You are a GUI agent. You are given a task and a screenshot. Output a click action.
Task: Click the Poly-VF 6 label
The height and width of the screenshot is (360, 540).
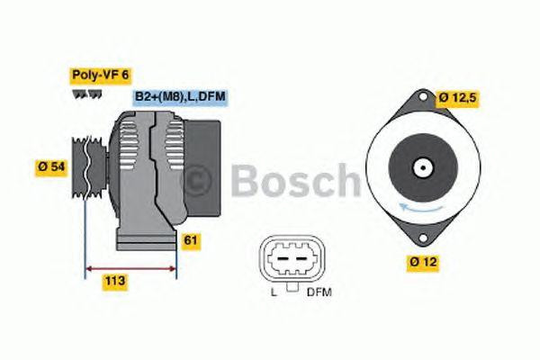pos(101,76)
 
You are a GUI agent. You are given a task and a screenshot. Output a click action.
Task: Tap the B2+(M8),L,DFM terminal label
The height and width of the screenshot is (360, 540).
pos(180,97)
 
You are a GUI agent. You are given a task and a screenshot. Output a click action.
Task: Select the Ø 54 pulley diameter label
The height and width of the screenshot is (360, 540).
pos(51,167)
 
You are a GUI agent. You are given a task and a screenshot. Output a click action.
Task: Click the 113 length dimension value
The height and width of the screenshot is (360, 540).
pos(115,281)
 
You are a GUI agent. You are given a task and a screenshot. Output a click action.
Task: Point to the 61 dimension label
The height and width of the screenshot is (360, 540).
pos(191,240)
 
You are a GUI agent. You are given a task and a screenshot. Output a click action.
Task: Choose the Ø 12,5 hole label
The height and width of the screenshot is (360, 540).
pos(457,98)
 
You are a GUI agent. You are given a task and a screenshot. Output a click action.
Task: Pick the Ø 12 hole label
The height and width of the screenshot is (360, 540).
pos(423,262)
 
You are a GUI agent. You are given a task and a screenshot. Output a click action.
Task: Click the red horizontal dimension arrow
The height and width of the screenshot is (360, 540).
pos(130,268)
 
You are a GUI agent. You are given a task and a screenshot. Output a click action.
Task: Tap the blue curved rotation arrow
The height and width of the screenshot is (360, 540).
pos(420,207)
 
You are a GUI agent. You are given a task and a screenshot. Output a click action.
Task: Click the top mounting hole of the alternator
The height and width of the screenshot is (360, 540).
pos(423,96)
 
